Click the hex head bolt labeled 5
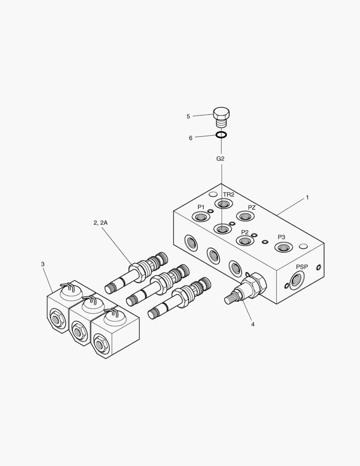tap(221, 116)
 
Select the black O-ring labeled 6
tap(221, 135)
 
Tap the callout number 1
tap(307, 198)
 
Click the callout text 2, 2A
tap(100, 223)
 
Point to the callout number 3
tap(43, 264)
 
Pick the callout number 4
tap(253, 324)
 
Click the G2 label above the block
tap(220, 159)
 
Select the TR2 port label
tap(229, 195)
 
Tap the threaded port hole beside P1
tap(200, 217)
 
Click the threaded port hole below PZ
tap(245, 216)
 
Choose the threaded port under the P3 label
tap(283, 247)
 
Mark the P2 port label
tap(245, 232)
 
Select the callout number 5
tap(188, 116)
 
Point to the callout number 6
tap(191, 138)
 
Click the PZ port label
tap(252, 208)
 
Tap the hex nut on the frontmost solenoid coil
tap(102, 345)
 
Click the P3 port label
tap(282, 237)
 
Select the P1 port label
tap(201, 207)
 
